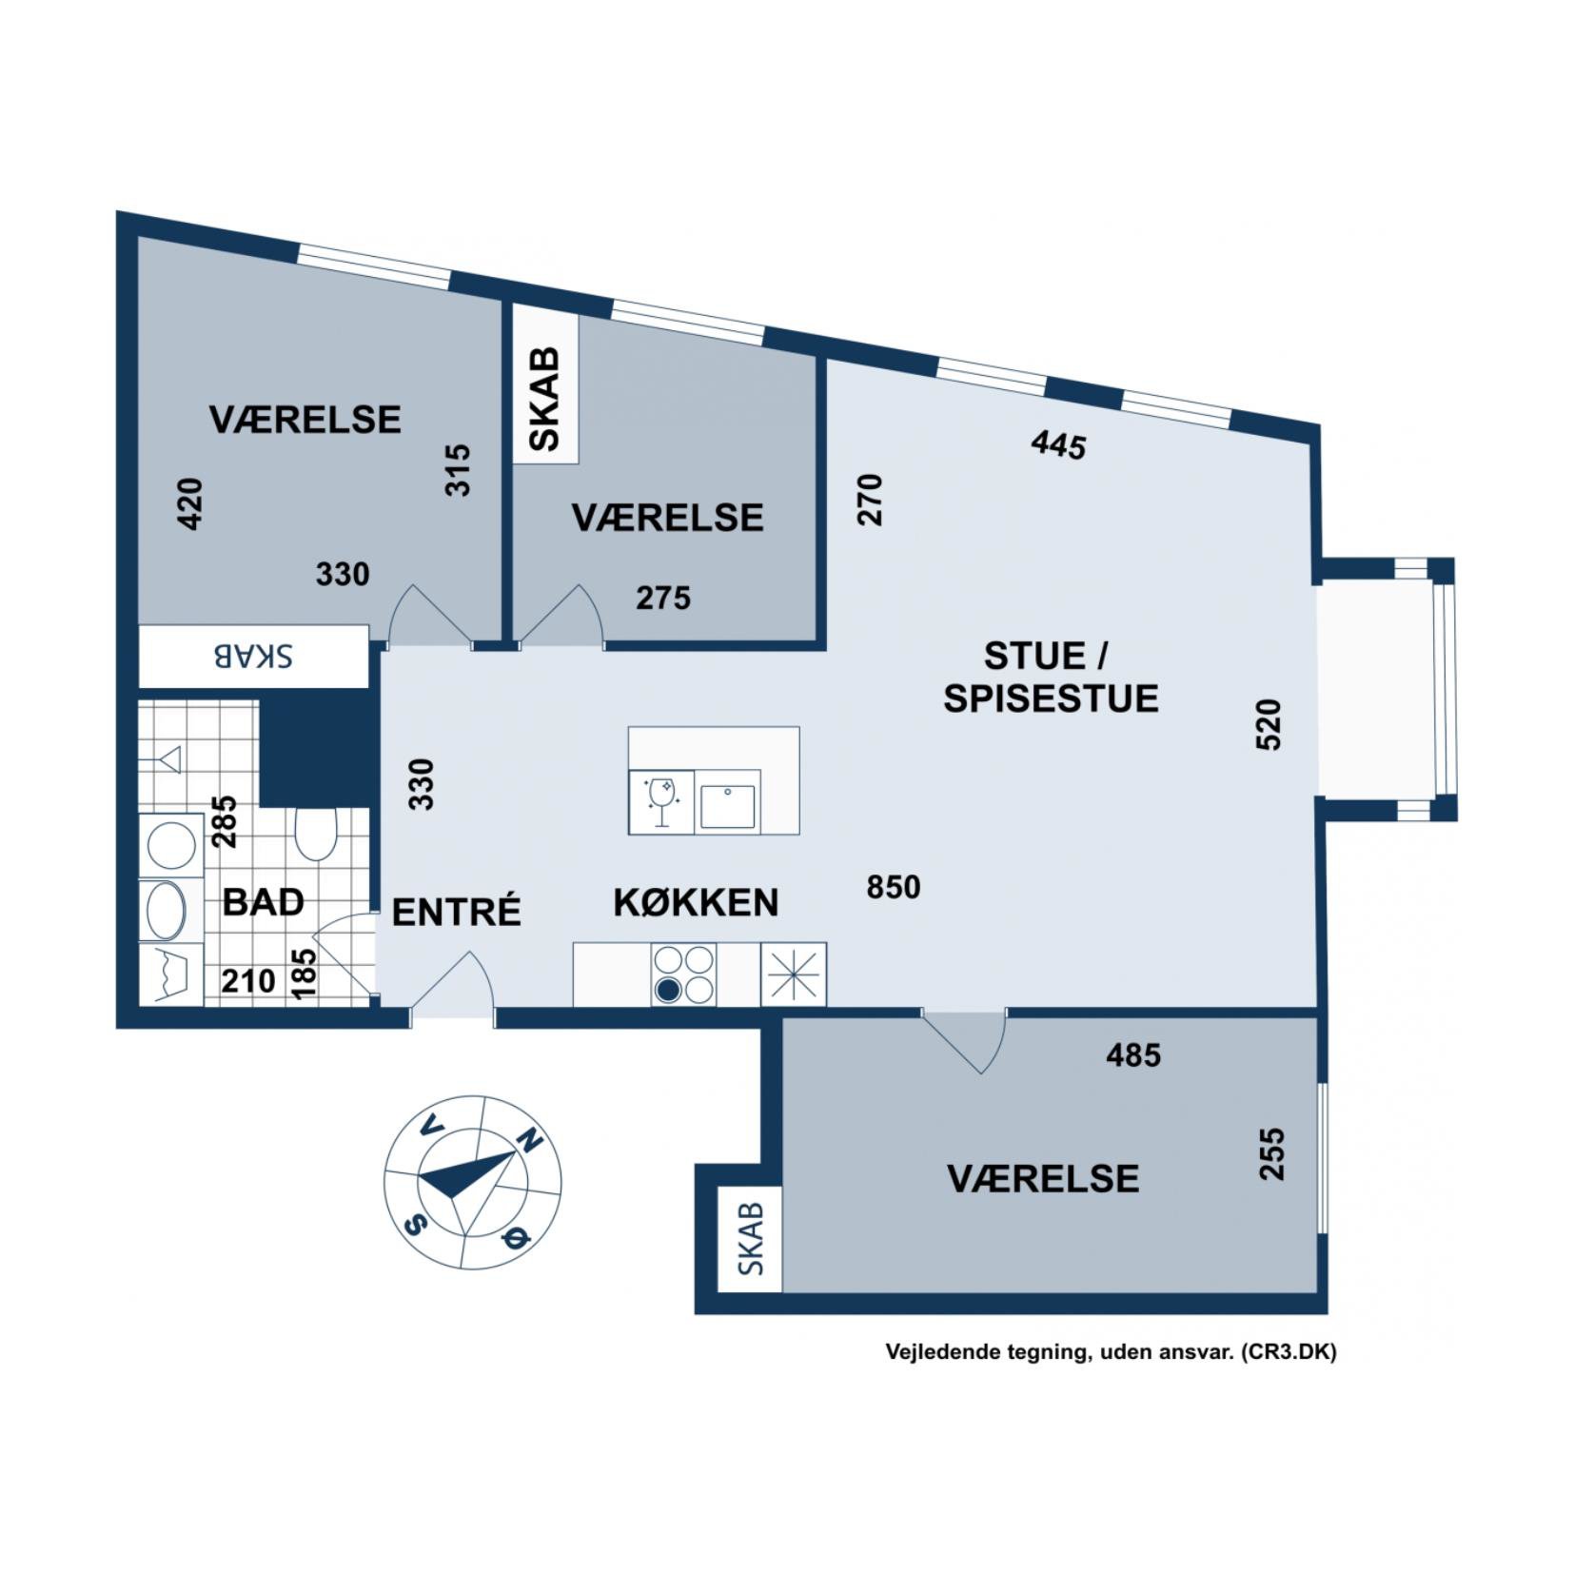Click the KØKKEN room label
click(696, 902)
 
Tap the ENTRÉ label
click(457, 911)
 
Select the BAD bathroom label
click(263, 901)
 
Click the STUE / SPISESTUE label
click(1051, 677)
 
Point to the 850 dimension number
click(894, 887)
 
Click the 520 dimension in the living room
click(1269, 725)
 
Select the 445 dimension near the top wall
click(1058, 444)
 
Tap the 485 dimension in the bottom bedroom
click(1133, 1054)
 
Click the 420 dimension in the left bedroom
click(190, 503)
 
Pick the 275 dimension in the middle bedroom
click(663, 598)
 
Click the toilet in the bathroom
click(315, 834)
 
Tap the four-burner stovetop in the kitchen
click(683, 974)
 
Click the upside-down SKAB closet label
click(252, 657)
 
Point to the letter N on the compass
click(529, 1139)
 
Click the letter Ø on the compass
click(515, 1237)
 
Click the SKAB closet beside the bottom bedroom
click(750, 1239)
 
